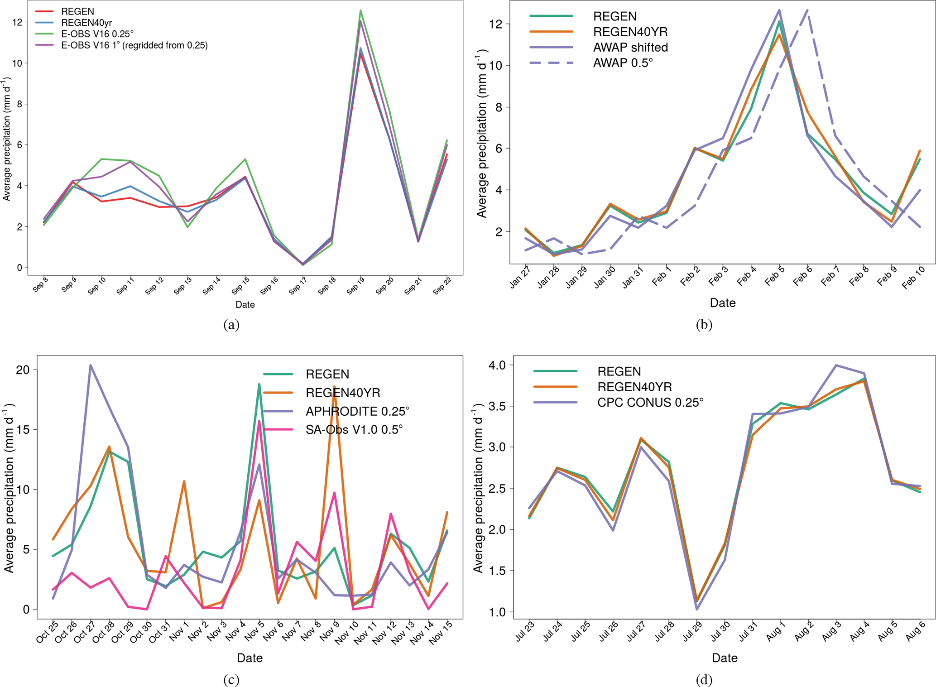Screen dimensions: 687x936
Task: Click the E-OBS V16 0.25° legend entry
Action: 97,34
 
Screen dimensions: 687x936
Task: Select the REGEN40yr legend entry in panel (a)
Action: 86,23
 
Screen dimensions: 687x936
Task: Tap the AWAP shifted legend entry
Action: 630,47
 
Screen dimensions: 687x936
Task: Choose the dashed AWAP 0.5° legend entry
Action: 623,63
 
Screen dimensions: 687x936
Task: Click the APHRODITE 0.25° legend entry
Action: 357,411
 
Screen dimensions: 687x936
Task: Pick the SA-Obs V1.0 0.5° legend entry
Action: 354,430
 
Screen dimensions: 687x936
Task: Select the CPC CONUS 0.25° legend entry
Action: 650,402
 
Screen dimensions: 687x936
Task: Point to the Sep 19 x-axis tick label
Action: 355,286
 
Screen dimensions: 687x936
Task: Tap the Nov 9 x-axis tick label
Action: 330,631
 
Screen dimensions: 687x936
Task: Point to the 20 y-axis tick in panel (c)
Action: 22,370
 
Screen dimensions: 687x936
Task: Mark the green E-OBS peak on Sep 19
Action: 360,10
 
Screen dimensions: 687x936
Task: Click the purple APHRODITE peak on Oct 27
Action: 91,365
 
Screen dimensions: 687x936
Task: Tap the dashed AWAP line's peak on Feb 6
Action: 807,10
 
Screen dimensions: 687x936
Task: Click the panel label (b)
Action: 704,324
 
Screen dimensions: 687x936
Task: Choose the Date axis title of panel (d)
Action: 724,658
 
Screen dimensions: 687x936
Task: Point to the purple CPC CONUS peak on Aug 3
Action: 836,365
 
